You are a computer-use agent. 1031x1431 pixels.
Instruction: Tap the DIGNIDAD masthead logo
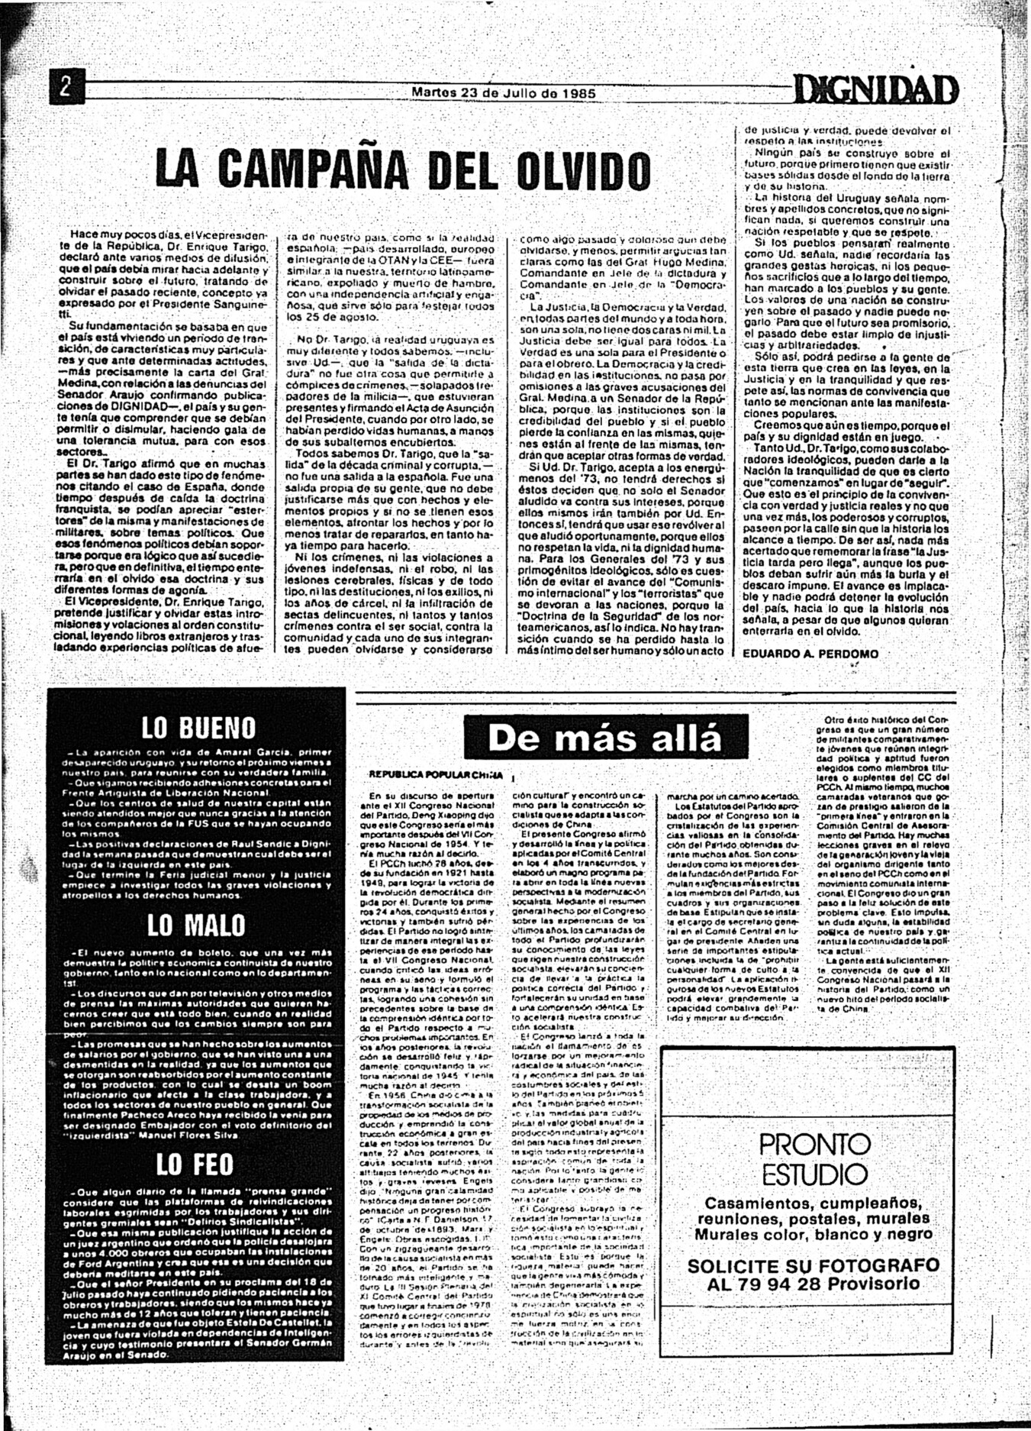pyautogui.click(x=876, y=90)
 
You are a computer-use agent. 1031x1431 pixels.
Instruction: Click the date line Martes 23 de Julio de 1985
pyautogui.click(x=504, y=93)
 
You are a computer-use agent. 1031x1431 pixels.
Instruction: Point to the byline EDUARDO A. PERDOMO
pyautogui.click(x=810, y=654)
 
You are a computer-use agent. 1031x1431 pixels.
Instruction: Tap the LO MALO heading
pyautogui.click(x=197, y=925)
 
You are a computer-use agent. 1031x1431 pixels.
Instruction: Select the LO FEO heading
pyautogui.click(x=195, y=1165)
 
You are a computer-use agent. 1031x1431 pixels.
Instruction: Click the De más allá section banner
pyautogui.click(x=604, y=738)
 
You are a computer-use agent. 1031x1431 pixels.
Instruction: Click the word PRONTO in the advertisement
pyautogui.click(x=814, y=1144)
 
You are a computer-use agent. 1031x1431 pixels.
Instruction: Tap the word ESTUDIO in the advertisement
pyautogui.click(x=814, y=1174)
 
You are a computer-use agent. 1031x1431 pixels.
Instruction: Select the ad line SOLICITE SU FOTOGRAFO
pyautogui.click(x=813, y=1266)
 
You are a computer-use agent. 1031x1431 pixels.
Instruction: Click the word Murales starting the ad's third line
pyautogui.click(x=729, y=1235)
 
